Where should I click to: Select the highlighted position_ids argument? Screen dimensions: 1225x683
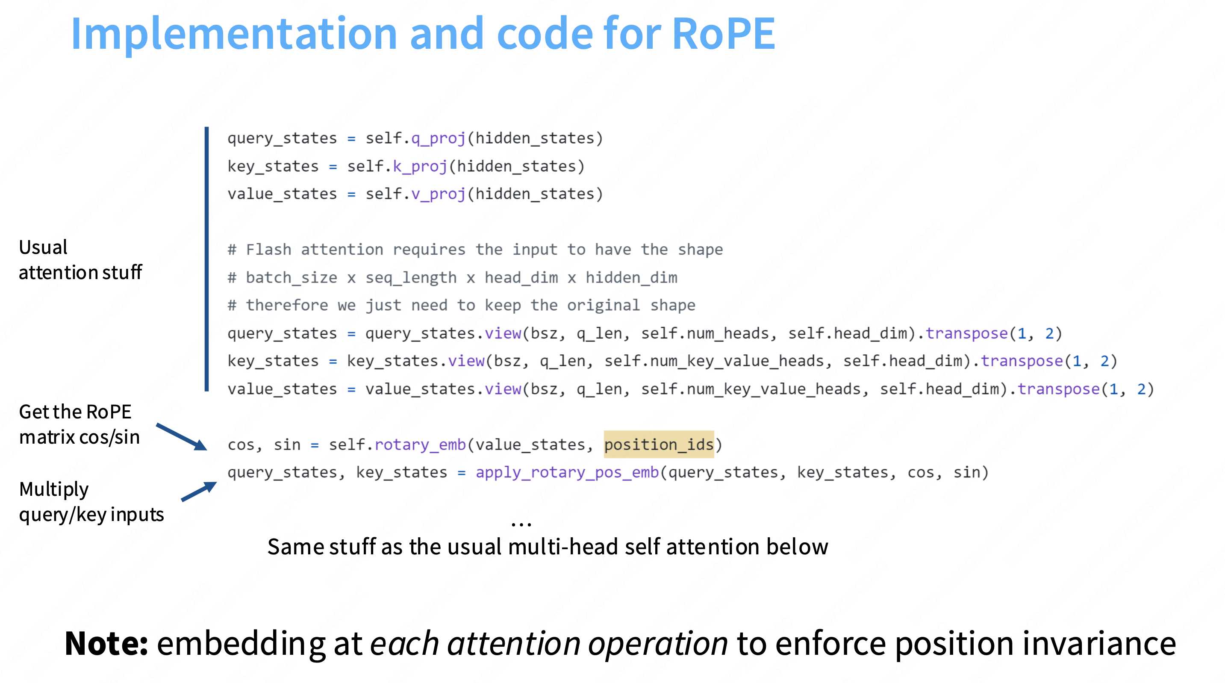pyautogui.click(x=659, y=444)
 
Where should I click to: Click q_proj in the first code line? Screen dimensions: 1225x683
pyautogui.click(x=438, y=138)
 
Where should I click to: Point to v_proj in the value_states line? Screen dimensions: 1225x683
pyautogui.click(x=438, y=194)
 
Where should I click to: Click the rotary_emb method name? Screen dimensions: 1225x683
pyautogui.click(x=420, y=444)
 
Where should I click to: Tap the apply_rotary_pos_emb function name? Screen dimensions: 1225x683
pyautogui.click(x=567, y=472)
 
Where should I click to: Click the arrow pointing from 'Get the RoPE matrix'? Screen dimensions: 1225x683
pyautogui.click(x=182, y=437)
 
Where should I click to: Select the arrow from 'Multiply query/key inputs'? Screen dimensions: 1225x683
pyautogui.click(x=199, y=492)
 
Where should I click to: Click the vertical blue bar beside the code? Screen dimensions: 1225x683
pyautogui.click(x=206, y=259)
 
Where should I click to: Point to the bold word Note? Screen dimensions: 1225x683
pyautogui.click(x=106, y=643)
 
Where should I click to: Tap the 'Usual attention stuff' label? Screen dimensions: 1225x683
pyautogui.click(x=80, y=260)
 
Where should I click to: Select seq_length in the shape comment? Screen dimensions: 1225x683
pyautogui.click(x=411, y=278)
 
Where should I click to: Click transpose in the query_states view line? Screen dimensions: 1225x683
pyautogui.click(x=966, y=333)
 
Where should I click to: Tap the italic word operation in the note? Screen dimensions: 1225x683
pyautogui.click(x=658, y=643)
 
